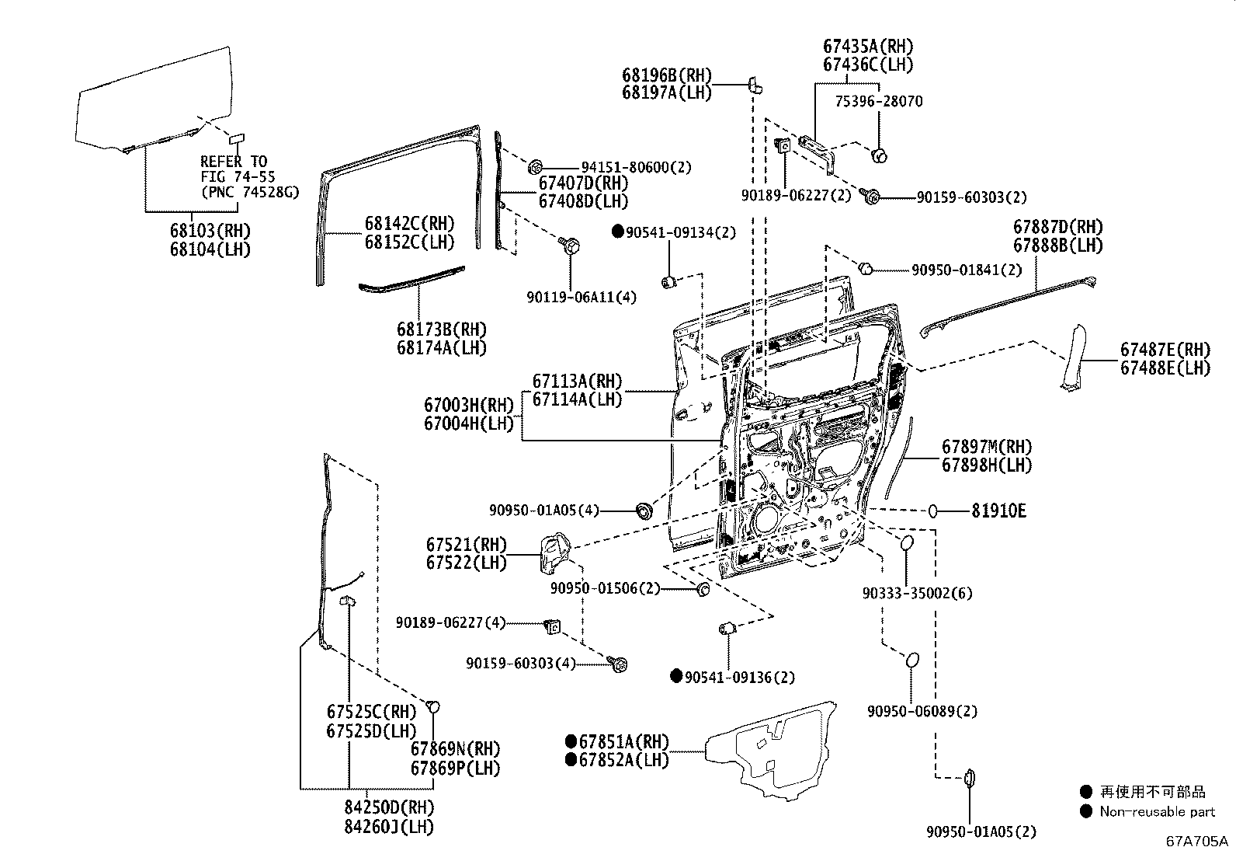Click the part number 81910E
(x=998, y=511)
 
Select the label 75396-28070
(x=878, y=101)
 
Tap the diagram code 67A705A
(x=1196, y=841)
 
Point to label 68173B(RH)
(x=442, y=329)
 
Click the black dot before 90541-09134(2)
(x=618, y=231)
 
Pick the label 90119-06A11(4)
(x=581, y=297)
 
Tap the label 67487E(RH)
(x=1165, y=350)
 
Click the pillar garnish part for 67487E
(x=1076, y=357)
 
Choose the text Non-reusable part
(x=1157, y=811)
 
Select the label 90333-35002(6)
(x=917, y=593)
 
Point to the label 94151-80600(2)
(x=636, y=166)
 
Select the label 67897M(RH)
(x=987, y=447)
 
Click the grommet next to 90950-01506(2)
(x=703, y=588)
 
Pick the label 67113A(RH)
(x=577, y=381)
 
